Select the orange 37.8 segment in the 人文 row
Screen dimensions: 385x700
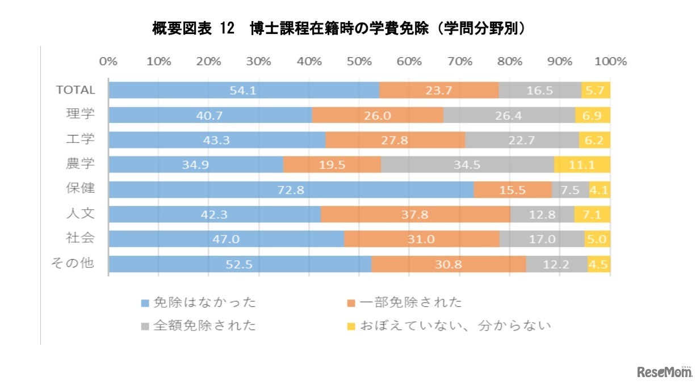pyautogui.click(x=416, y=214)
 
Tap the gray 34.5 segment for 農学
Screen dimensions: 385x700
pyautogui.click(x=467, y=164)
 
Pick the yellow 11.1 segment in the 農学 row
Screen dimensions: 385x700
pyautogui.click(x=582, y=164)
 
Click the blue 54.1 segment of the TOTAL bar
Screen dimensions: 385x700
pyautogui.click(x=244, y=90)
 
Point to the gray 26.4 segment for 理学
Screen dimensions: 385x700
pyautogui.click(x=509, y=115)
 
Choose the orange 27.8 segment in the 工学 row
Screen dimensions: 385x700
pyautogui.click(x=395, y=140)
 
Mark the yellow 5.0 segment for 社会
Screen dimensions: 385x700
pyautogui.click(x=597, y=239)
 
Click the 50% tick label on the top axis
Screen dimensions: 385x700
pyautogui.click(x=359, y=61)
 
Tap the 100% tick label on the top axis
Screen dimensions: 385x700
pyautogui.click(x=610, y=61)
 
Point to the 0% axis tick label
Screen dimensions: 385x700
pyautogui.click(x=108, y=61)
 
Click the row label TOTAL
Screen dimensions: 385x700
pyautogui.click(x=75, y=90)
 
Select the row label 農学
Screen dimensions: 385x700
pyautogui.click(x=81, y=164)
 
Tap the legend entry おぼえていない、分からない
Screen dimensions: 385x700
pyautogui.click(x=448, y=326)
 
